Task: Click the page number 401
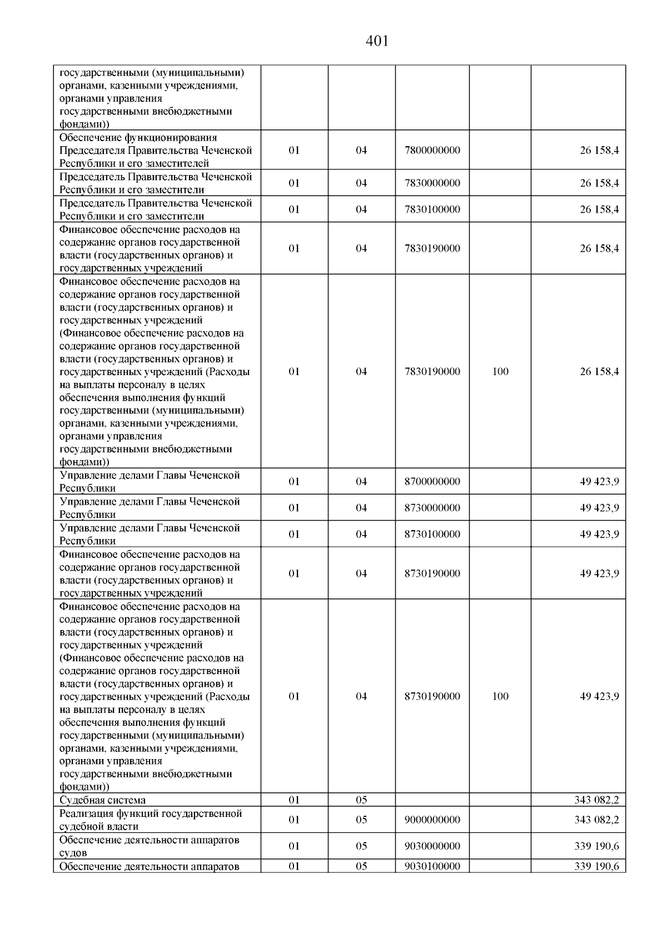coord(377,41)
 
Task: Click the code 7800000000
coord(432,151)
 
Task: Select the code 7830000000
coord(432,183)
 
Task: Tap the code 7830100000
coord(432,209)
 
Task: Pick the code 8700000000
coord(432,482)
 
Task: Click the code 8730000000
coord(432,508)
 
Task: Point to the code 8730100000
coord(432,535)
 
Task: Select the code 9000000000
coord(432,820)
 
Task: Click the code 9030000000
coord(432,846)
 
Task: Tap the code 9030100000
coord(432,866)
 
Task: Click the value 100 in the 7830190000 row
coord(500,372)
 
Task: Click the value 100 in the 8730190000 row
coord(500,697)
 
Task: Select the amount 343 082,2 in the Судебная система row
coord(596,800)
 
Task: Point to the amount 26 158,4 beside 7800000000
coord(599,151)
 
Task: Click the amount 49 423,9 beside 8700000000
coord(599,482)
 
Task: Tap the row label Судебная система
coord(102,800)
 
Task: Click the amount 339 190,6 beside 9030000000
coord(596,846)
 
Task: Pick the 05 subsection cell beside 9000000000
coord(361,820)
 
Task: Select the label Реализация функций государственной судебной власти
coord(150,820)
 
